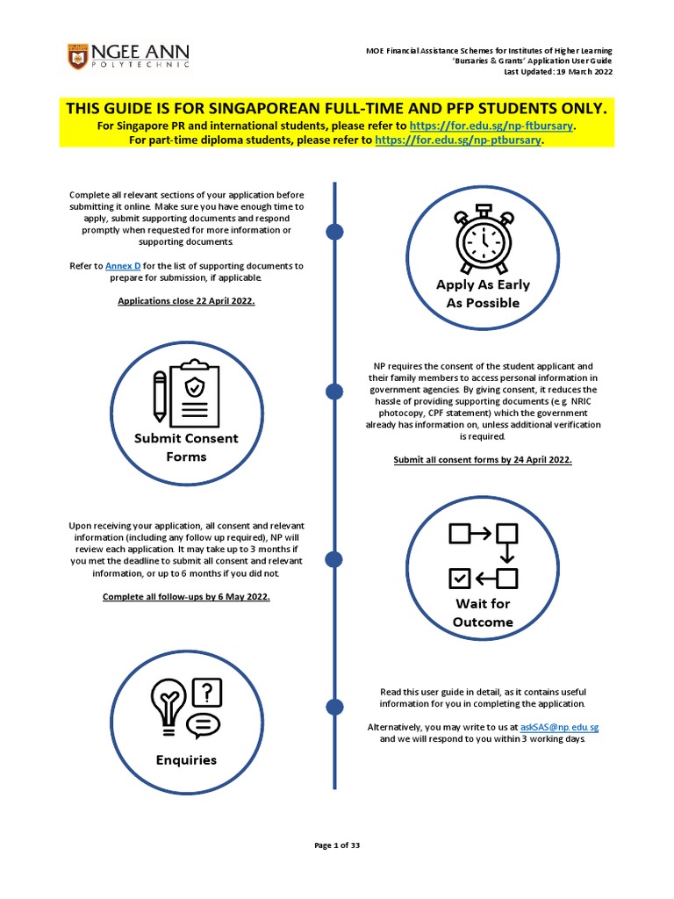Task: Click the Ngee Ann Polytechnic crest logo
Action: (x=77, y=58)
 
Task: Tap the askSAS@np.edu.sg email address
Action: (x=560, y=728)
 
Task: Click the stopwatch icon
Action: (x=483, y=237)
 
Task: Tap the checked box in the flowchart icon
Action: (x=460, y=578)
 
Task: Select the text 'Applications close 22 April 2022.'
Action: (x=187, y=300)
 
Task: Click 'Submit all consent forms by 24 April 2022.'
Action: (x=483, y=460)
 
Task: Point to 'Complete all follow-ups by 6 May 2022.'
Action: (x=186, y=597)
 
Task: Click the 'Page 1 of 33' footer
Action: (x=337, y=845)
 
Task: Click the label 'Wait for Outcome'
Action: (x=482, y=613)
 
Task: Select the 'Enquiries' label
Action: (x=186, y=759)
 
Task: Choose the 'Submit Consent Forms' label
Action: (x=186, y=447)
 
